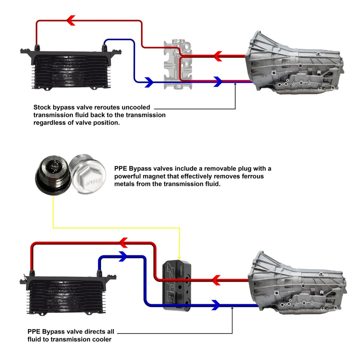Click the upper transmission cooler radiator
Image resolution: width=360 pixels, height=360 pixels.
tap(70, 69)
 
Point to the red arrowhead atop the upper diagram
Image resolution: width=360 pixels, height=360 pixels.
tap(71, 20)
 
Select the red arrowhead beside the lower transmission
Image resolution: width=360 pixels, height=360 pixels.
tap(217, 280)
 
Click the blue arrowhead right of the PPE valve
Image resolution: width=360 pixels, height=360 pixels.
tap(216, 305)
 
